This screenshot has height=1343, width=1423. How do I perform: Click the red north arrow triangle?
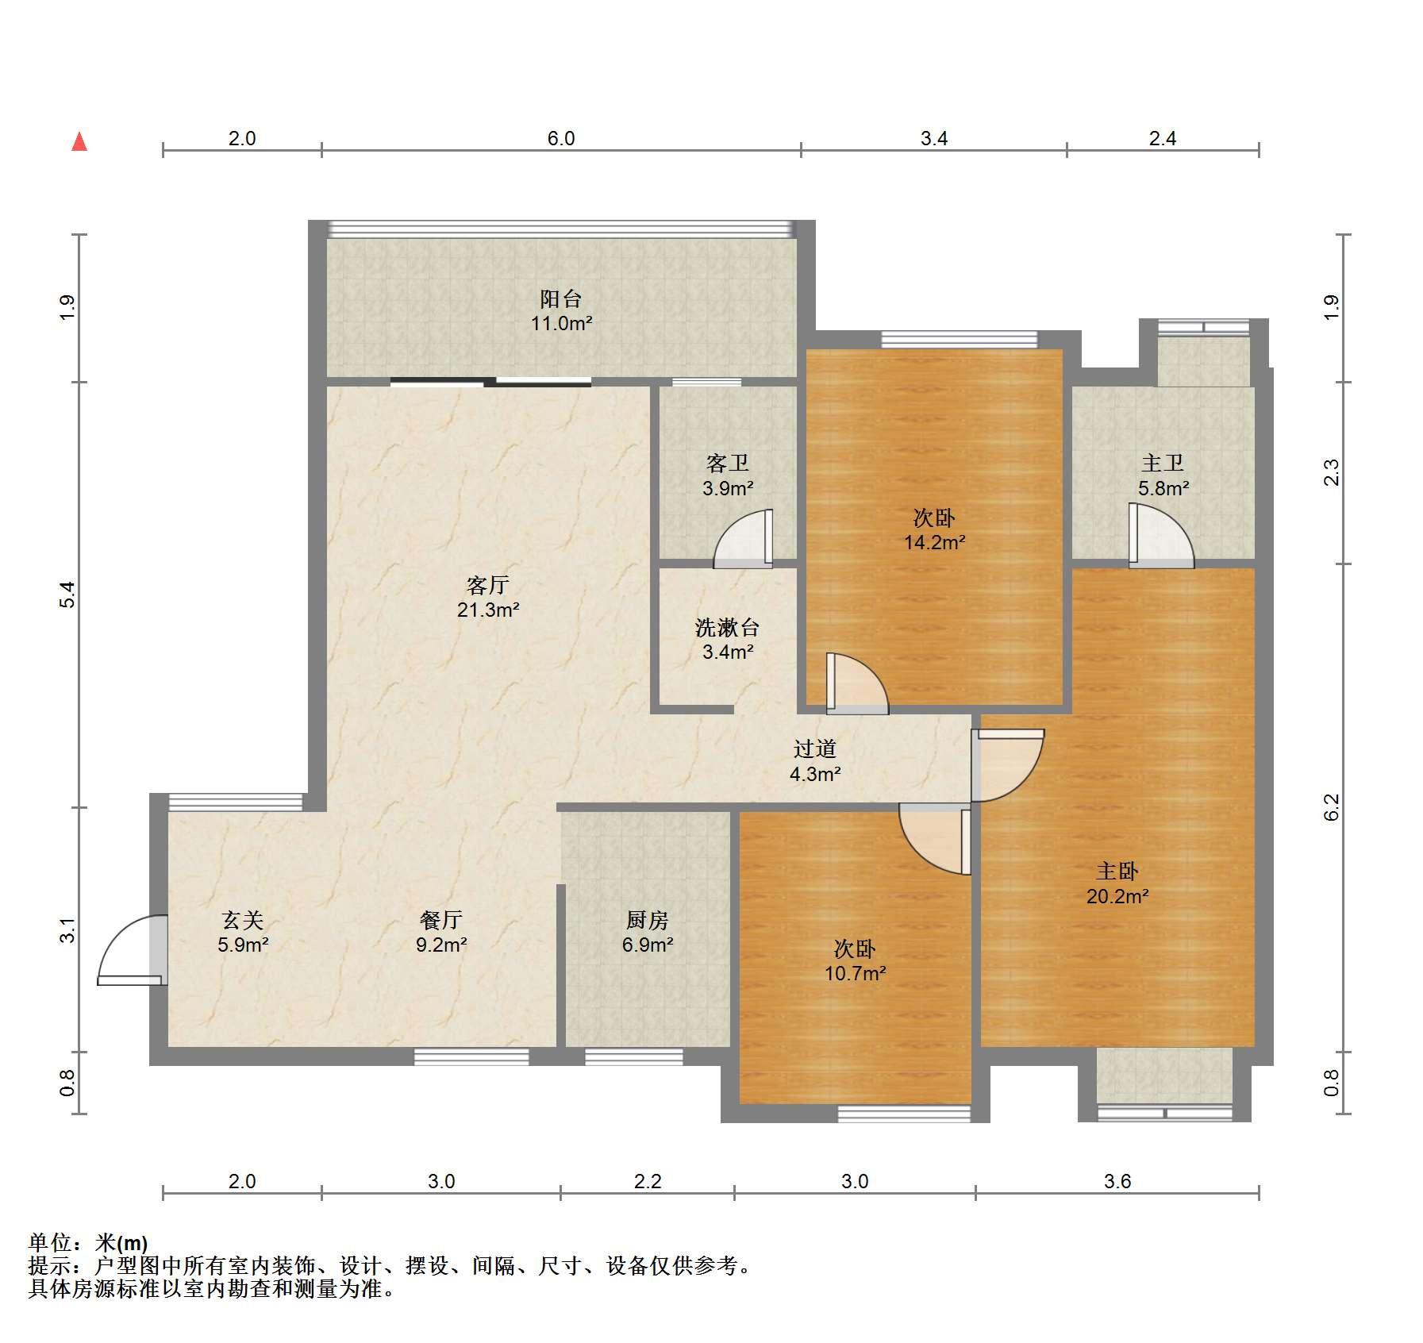(x=79, y=141)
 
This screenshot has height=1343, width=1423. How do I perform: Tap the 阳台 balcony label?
(x=561, y=298)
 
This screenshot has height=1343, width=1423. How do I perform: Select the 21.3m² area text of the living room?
(x=488, y=610)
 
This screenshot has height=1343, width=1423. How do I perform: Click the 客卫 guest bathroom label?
(x=728, y=463)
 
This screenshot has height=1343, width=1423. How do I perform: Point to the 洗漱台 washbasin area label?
(x=728, y=628)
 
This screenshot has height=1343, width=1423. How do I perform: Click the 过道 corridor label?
(x=815, y=748)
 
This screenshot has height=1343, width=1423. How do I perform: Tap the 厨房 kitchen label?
(x=648, y=920)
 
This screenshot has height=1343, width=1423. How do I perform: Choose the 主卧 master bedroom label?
(x=1117, y=872)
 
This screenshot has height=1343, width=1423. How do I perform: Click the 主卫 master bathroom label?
(x=1163, y=463)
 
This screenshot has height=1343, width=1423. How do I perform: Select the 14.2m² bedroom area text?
(x=935, y=543)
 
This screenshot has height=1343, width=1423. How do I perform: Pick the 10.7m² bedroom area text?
(x=855, y=973)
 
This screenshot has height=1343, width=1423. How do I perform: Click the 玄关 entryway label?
(x=243, y=920)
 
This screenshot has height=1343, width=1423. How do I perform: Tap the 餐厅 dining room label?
(x=441, y=920)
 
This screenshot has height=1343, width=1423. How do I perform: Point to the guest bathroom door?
(x=744, y=539)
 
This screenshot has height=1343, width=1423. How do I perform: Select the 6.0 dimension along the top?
(x=561, y=138)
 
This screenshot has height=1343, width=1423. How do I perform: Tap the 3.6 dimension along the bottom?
(x=1117, y=1181)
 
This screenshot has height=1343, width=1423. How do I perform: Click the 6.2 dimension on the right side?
(x=1331, y=807)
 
